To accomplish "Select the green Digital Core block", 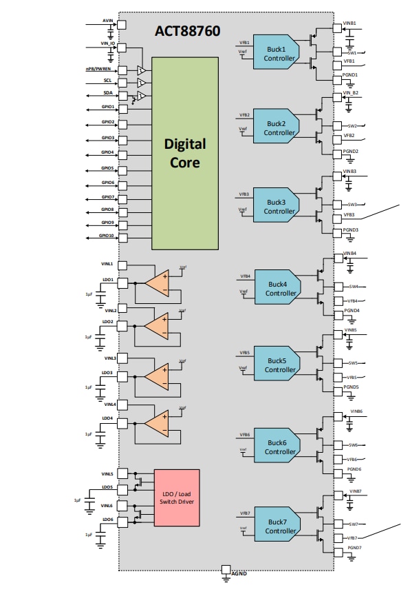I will pos(185,153).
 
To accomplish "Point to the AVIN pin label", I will pos(107,21).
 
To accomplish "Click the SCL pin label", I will pos(108,81).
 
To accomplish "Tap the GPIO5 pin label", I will pos(107,168).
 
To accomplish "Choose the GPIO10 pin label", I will pos(106,236).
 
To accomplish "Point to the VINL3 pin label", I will pos(109,358).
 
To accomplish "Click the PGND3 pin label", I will pos(351,229).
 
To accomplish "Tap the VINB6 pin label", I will pos(356,411).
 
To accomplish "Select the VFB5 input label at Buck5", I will pos(244,352).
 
